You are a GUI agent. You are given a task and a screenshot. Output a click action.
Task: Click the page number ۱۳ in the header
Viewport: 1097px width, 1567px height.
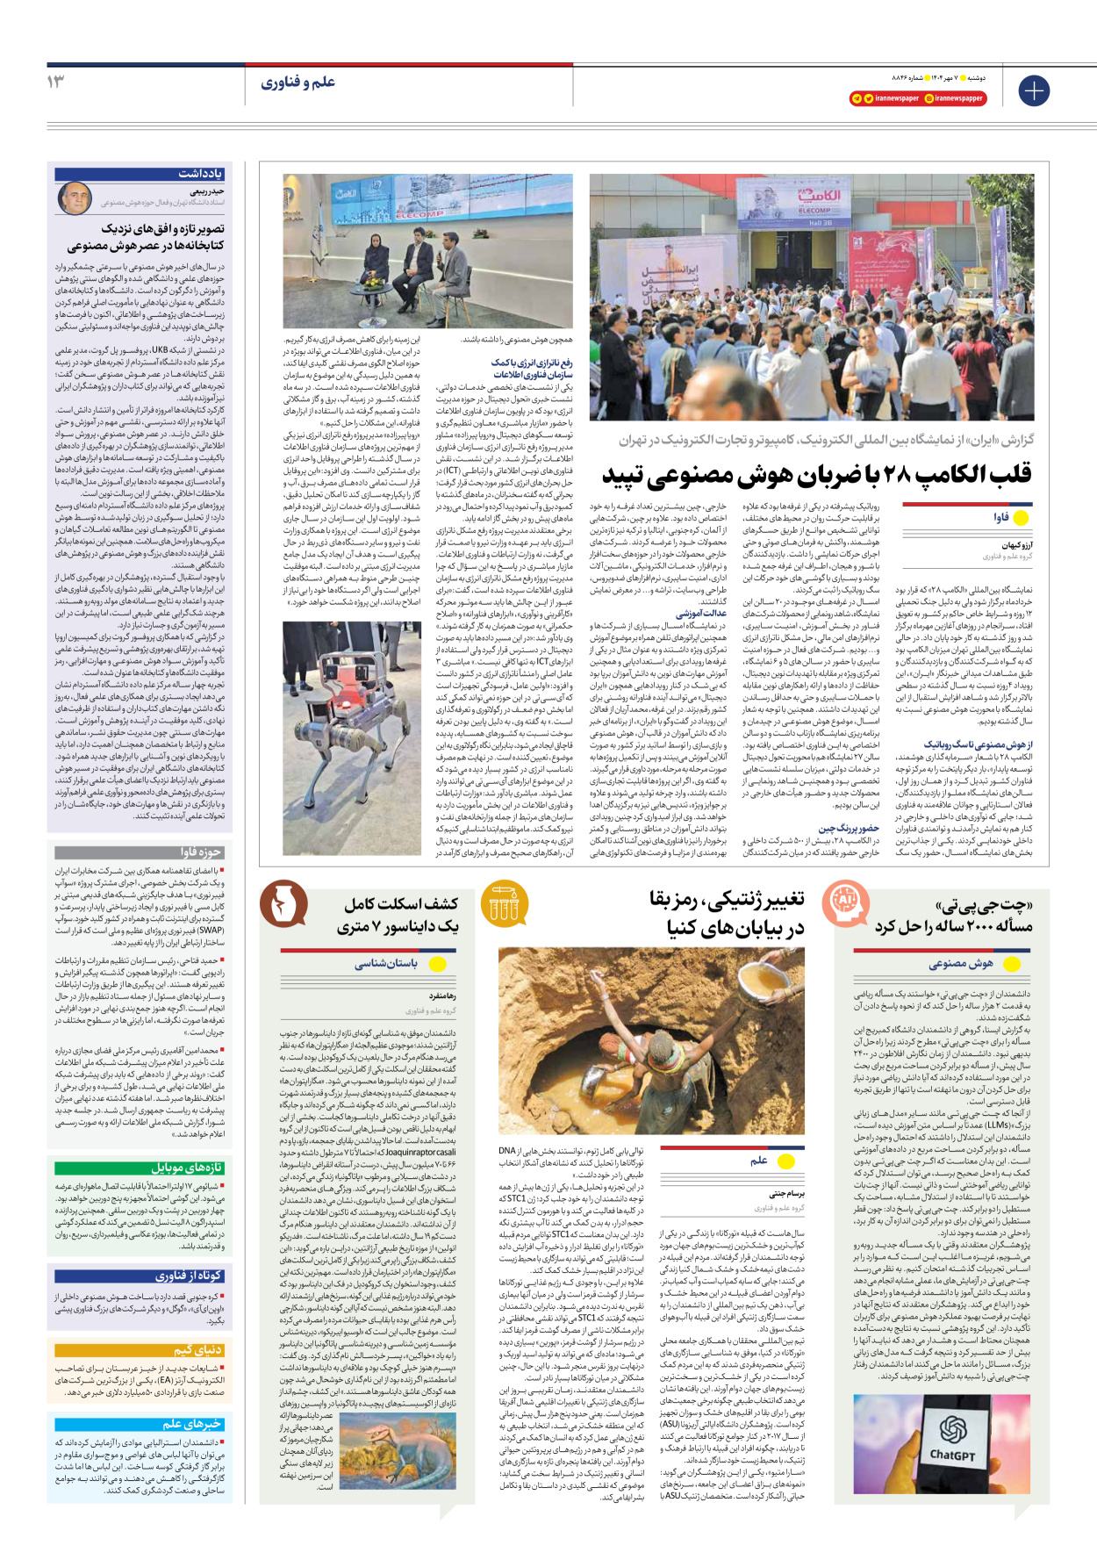click(56, 82)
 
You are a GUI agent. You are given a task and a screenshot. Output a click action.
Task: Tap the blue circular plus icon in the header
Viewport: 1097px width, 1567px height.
click(1034, 90)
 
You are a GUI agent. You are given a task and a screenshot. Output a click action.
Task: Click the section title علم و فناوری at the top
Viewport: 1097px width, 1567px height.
click(298, 83)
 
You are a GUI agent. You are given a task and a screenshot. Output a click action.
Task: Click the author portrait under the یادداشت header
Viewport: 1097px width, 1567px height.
click(75, 198)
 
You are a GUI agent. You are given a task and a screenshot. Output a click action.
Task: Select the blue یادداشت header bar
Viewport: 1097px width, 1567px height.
click(140, 174)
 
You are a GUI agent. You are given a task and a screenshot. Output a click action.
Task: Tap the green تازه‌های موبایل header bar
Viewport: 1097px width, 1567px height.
click(140, 1168)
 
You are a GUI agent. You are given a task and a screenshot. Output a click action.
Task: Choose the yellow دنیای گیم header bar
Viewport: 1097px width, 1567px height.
click(140, 1350)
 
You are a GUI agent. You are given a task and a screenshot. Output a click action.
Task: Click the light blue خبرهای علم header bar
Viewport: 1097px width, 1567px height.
click(140, 1424)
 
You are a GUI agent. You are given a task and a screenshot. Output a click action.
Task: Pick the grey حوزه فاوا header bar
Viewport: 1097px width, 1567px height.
click(140, 852)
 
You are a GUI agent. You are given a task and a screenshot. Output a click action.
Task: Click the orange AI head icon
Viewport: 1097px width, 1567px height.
click(844, 899)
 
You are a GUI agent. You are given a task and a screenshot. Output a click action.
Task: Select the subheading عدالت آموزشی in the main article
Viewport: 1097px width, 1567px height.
click(701, 614)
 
